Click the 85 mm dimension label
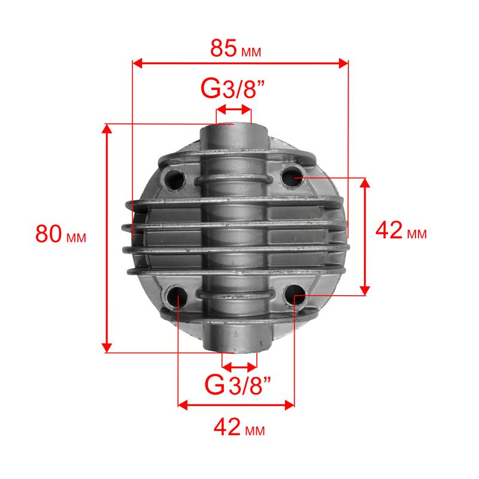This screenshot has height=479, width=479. (x=235, y=48)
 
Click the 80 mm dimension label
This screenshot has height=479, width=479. (x=61, y=234)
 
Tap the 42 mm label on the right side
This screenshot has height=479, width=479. (x=401, y=231)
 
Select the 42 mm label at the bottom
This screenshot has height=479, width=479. (x=239, y=427)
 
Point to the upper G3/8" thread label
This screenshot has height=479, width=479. (x=232, y=89)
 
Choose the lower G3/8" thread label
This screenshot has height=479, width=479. (x=238, y=384)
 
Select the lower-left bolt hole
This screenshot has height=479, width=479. (x=176, y=296)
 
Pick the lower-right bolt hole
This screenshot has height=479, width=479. (x=295, y=295)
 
